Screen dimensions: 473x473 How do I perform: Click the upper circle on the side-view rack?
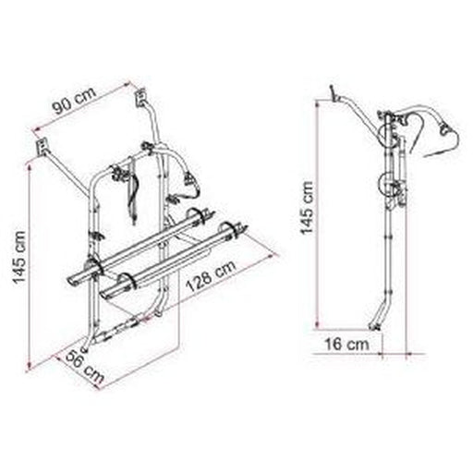387,130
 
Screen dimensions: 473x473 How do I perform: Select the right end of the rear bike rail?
244,227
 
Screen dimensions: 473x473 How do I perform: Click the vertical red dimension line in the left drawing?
30,259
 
